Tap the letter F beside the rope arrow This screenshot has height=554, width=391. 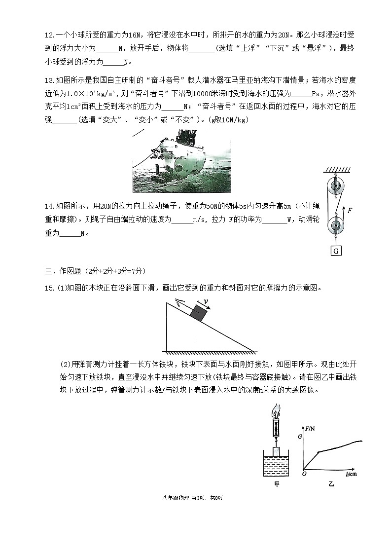pos(350,210)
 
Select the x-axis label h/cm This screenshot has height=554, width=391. pos(352,474)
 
